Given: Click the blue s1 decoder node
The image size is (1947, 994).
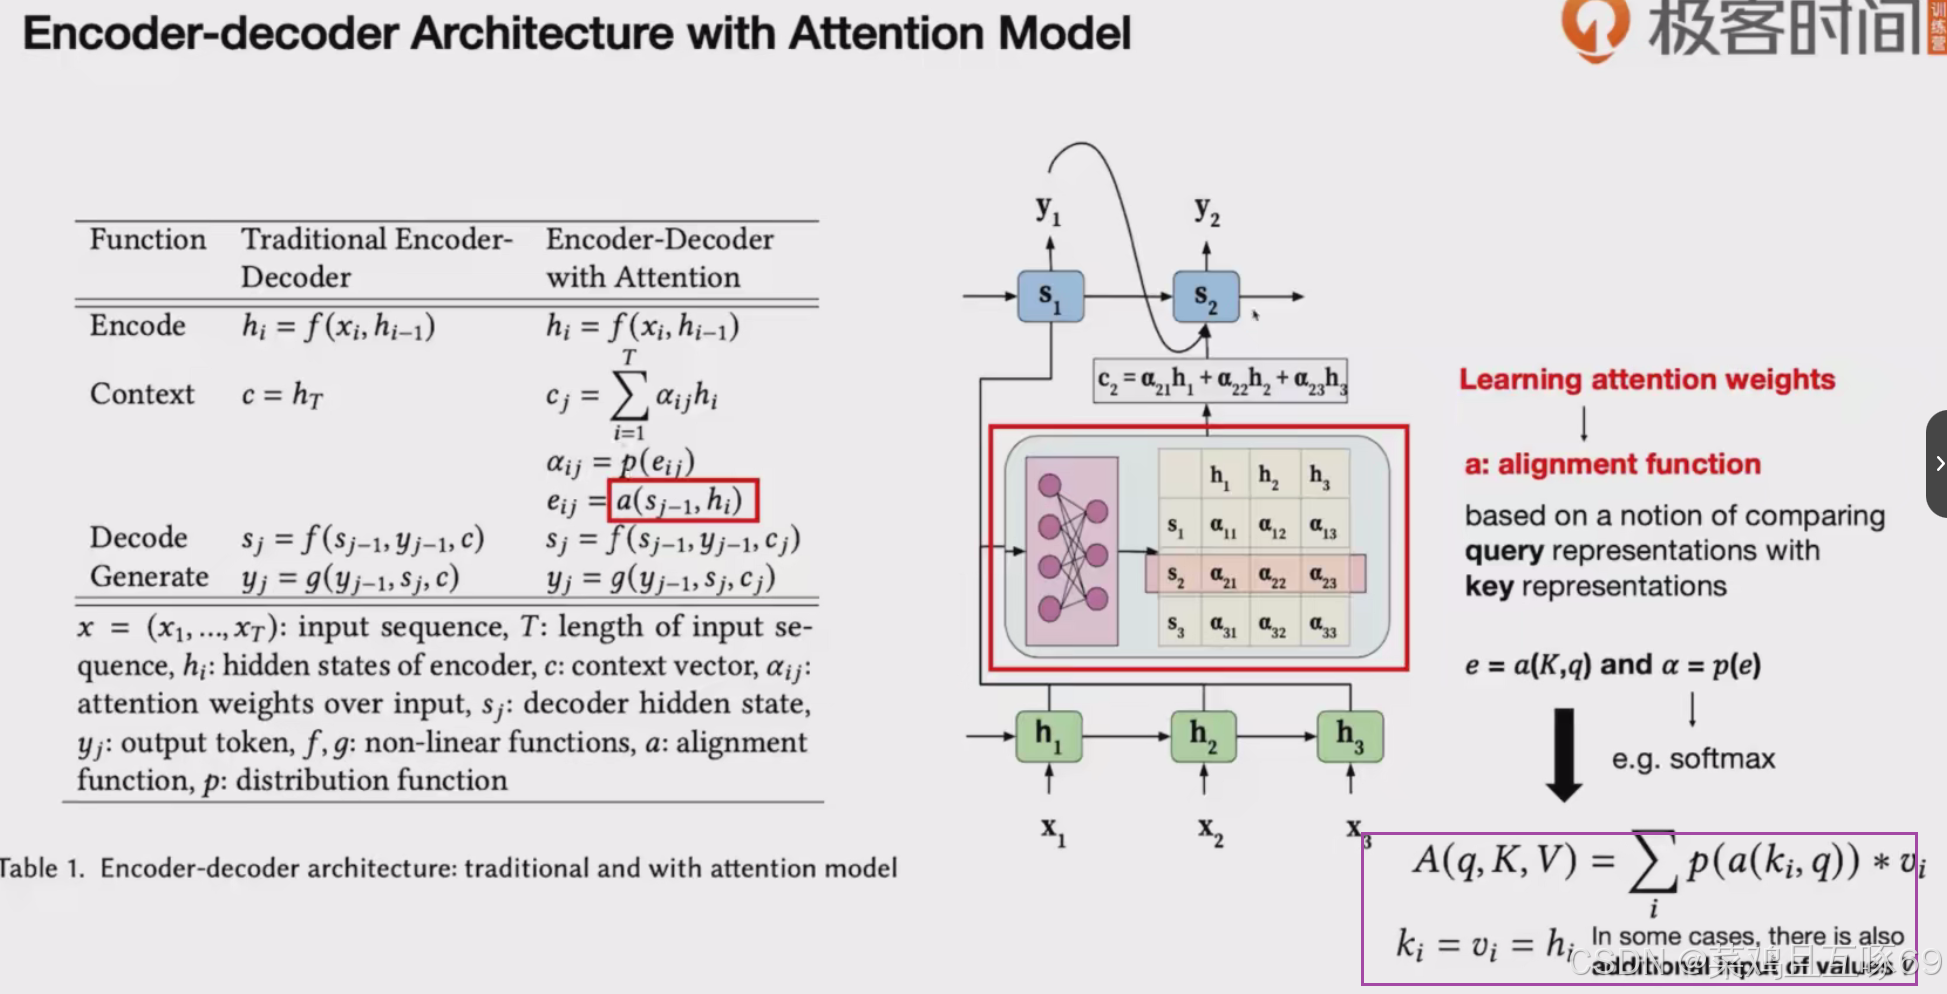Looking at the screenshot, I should tap(1050, 297).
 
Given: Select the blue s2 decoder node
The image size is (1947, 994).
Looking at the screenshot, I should tap(1206, 297).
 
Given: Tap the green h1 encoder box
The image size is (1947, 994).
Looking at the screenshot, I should tap(1049, 737).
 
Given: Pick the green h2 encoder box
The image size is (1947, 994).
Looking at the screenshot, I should tap(1203, 737).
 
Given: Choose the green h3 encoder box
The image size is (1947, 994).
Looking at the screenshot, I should tap(1350, 737).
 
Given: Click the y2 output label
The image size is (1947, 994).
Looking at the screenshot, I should tap(1207, 211).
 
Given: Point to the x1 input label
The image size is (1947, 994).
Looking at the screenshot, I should tap(1053, 830).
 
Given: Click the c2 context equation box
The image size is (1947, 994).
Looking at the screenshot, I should tap(1220, 381).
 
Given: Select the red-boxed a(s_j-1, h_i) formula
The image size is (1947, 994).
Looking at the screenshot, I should tap(683, 500).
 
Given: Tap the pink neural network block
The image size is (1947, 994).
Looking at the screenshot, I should tap(1072, 551).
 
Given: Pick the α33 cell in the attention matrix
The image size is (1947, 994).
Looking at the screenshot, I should tap(1322, 628).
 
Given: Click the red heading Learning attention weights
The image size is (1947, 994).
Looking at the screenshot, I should tap(1646, 380).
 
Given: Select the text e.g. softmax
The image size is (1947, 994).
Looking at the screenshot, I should tap(1693, 759).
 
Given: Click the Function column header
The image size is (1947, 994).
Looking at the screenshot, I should tap(148, 240).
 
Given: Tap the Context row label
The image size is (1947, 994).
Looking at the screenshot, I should tap(142, 395).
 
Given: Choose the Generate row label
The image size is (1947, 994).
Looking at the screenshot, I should tap(149, 577).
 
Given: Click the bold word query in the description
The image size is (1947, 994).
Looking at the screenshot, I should tap(1504, 552).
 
